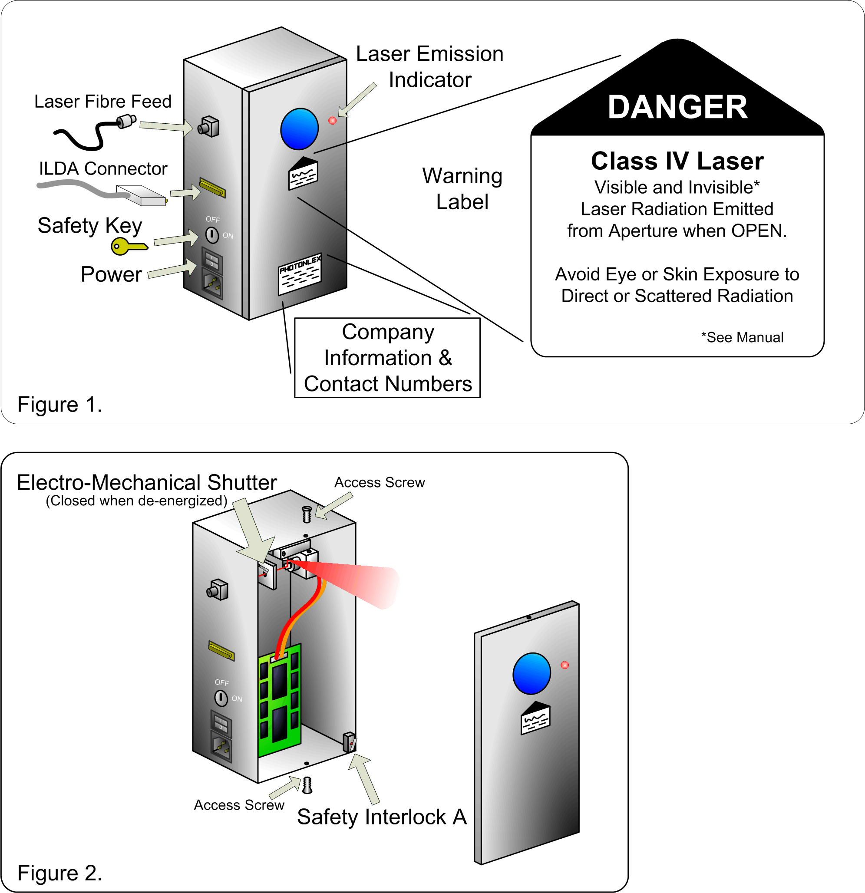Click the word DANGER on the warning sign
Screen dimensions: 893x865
[677, 108]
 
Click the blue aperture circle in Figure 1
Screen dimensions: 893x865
[300, 129]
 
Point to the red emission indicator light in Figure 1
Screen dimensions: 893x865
[332, 120]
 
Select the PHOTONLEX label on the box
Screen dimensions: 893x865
[300, 274]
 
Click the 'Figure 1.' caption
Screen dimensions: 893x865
[59, 405]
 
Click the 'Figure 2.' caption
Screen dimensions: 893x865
[59, 873]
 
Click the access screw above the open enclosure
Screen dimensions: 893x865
[307, 514]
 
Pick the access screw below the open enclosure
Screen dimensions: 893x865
[307, 785]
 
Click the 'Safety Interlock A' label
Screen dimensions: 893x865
[382, 817]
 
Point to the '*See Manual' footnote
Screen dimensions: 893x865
[742, 337]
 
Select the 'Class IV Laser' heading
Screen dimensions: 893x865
[677, 161]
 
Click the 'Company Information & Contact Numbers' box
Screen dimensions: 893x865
[387, 358]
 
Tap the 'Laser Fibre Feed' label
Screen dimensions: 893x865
[103, 102]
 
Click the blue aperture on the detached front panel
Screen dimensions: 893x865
[532, 673]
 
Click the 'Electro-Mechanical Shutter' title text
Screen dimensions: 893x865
[147, 482]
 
